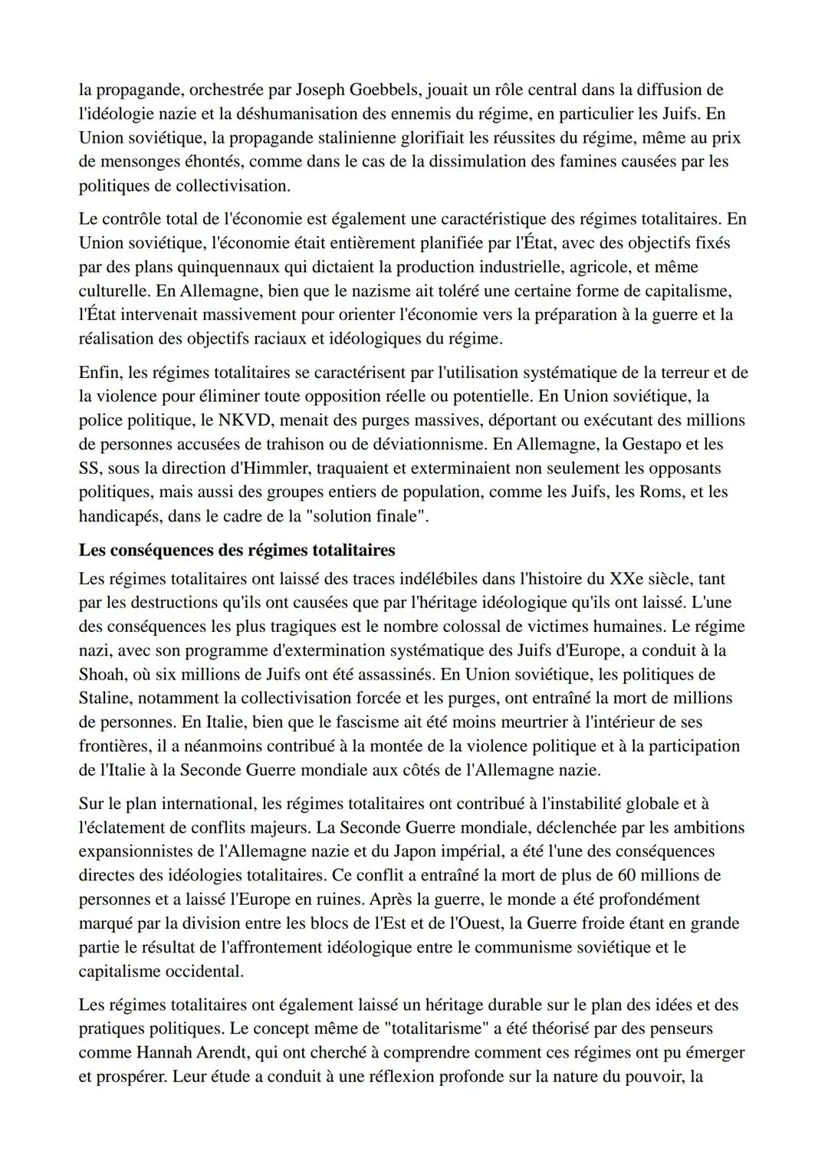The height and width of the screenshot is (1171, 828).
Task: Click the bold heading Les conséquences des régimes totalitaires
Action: pyautogui.click(x=237, y=550)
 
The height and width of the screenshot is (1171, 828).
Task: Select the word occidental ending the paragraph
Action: pyautogui.click(x=203, y=971)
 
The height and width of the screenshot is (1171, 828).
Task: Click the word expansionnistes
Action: pyautogui.click(x=137, y=851)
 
